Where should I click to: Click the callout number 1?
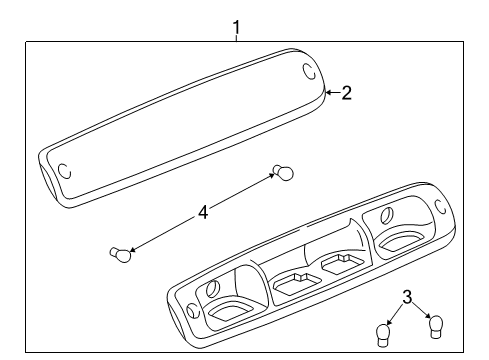pyautogui.click(x=236, y=26)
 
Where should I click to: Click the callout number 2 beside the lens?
pyautogui.click(x=346, y=93)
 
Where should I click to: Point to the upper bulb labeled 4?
pyautogui.click(x=284, y=174)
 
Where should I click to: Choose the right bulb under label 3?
pyautogui.click(x=434, y=324)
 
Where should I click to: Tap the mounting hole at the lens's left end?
pyautogui.click(x=63, y=170)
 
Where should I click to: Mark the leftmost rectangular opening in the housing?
pyautogui.click(x=228, y=317)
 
